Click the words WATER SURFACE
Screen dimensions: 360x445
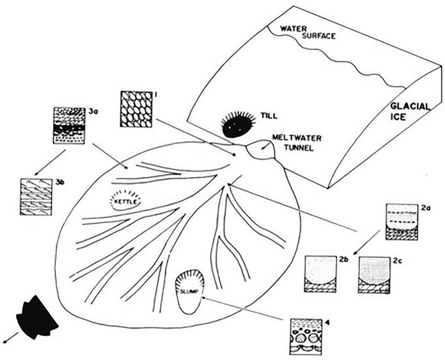pos(307,33)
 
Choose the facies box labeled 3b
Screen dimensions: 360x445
pos(36,197)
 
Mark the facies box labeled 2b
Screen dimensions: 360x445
pos(320,274)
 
